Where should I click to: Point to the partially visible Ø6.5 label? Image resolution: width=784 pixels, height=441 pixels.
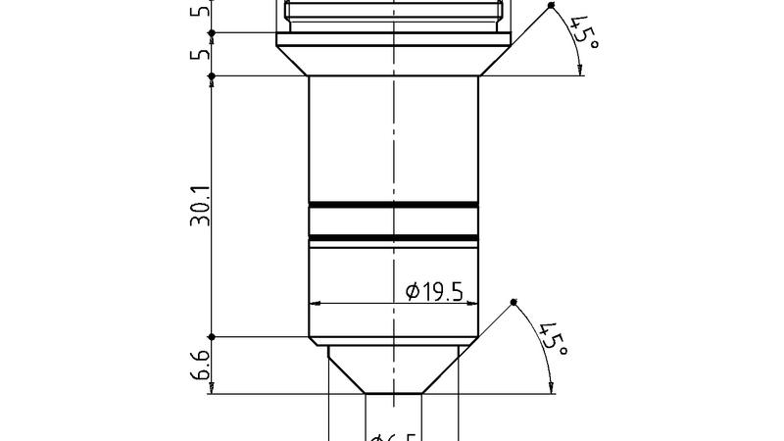point(393,435)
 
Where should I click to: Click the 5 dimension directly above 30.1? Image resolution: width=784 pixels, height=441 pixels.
point(200,54)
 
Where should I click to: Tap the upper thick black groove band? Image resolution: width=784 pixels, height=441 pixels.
point(393,205)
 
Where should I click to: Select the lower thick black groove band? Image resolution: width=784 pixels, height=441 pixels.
point(393,238)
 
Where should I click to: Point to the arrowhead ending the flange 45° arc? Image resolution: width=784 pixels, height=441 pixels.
point(581,71)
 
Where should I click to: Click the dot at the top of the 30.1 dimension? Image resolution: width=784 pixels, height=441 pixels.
point(212,75)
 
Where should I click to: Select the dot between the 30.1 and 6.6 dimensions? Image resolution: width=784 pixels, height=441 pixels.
point(212,338)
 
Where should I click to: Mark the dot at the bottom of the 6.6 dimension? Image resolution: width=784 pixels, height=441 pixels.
point(212,394)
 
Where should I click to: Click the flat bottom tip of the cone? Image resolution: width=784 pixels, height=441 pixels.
point(393,394)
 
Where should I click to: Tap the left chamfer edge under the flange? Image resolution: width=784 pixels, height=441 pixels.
point(293,61)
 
